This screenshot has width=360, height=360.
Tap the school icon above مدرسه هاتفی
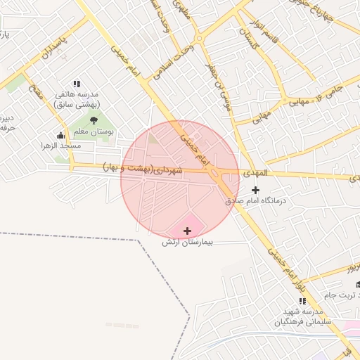(x=77, y=83)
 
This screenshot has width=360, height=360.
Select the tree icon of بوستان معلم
(x=94, y=120)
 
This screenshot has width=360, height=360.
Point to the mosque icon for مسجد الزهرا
(x=60, y=135)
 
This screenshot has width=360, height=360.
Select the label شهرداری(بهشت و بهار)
(x=143, y=169)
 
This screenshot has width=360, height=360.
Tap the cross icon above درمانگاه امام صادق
(x=255, y=190)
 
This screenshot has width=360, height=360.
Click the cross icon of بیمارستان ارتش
(x=187, y=231)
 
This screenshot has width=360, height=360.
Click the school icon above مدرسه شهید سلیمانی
(x=302, y=301)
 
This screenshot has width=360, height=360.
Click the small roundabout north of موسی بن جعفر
(x=200, y=39)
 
